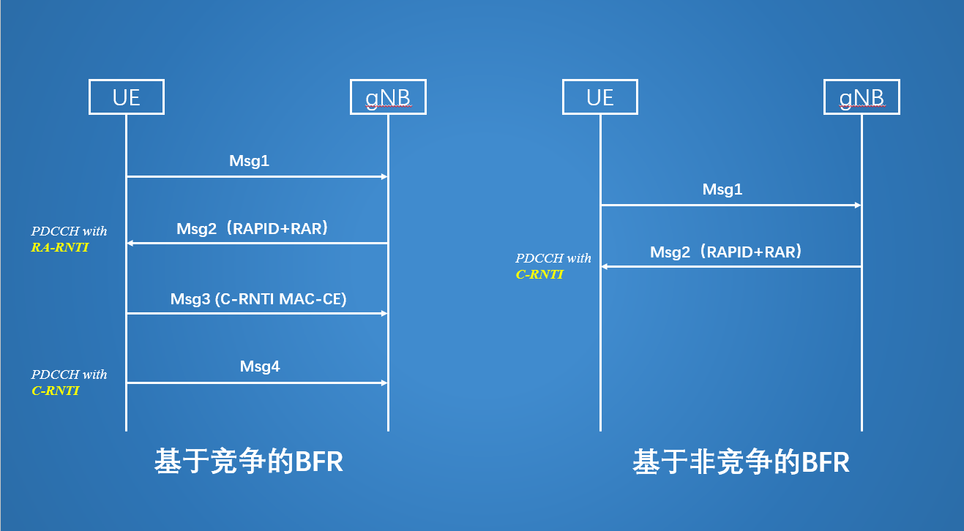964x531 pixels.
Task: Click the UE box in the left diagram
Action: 126,97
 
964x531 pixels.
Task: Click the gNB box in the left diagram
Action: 388,97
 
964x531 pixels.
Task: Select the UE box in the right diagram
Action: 599,97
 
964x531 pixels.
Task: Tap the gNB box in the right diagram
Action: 861,97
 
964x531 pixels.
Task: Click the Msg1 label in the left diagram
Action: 250,161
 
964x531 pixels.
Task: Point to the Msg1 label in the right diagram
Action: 722,189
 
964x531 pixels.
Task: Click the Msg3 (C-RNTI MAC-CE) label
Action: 258,298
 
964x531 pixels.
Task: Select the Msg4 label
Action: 260,366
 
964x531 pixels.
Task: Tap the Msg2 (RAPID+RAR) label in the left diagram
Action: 253,229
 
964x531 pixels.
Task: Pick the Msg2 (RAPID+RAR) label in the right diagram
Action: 726,252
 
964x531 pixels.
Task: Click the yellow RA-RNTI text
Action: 59,247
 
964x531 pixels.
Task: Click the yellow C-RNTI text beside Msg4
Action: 55,391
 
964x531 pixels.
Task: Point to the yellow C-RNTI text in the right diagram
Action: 539,274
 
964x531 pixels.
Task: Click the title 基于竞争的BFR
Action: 249,462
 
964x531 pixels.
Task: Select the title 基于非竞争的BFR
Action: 741,463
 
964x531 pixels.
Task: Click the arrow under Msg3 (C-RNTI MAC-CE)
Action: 256,313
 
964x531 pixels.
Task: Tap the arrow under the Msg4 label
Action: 256,383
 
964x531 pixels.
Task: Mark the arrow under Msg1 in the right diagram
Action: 731,206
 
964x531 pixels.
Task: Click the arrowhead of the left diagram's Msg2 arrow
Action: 131,243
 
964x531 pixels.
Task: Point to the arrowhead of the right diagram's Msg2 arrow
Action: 605,266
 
